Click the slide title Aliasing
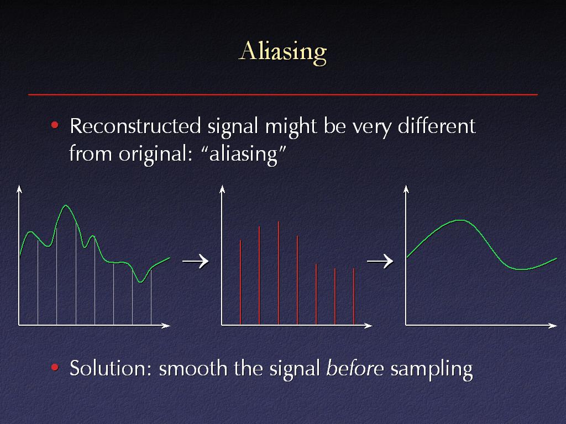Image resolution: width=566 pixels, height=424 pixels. pyautogui.click(x=282, y=52)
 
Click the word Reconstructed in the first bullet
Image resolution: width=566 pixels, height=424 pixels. pyautogui.click(x=135, y=126)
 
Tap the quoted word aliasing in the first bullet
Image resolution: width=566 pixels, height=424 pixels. pyautogui.click(x=244, y=154)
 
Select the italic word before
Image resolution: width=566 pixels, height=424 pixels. pyautogui.click(x=355, y=368)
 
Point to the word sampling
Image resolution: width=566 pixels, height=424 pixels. pyautogui.click(x=432, y=369)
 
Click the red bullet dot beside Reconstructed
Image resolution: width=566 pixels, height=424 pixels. pyautogui.click(x=55, y=125)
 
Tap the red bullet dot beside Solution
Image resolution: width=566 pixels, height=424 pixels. pyautogui.click(x=55, y=367)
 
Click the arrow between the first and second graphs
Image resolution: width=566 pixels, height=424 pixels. pyautogui.click(x=195, y=261)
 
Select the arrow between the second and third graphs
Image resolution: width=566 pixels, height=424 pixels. pyautogui.click(x=380, y=261)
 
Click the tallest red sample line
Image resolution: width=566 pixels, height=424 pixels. pyautogui.click(x=279, y=273)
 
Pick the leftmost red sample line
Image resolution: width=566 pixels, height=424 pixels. pyautogui.click(x=240, y=282)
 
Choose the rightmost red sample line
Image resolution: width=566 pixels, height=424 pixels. pyautogui.click(x=354, y=296)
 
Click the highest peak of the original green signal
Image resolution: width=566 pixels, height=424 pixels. pyautogui.click(x=66, y=205)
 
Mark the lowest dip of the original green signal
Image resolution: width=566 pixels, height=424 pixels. pyautogui.click(x=141, y=282)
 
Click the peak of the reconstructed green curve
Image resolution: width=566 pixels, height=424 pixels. pyautogui.click(x=460, y=220)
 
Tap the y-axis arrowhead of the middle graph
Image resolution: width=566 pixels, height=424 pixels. pyautogui.click(x=222, y=189)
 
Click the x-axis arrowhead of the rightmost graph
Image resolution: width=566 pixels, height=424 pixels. pyautogui.click(x=553, y=326)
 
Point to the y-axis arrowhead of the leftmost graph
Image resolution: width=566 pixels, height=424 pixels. pyautogui.click(x=19, y=189)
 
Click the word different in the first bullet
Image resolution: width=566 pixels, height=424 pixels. pyautogui.click(x=437, y=126)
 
